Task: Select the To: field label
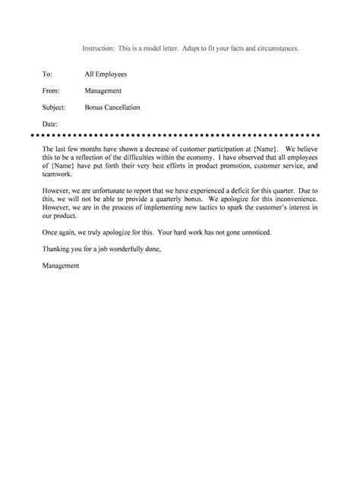click(x=47, y=74)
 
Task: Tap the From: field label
click(x=50, y=91)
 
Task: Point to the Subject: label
click(x=54, y=108)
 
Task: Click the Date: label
click(x=49, y=124)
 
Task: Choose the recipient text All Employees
click(x=106, y=74)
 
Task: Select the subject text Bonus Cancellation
click(x=112, y=108)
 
